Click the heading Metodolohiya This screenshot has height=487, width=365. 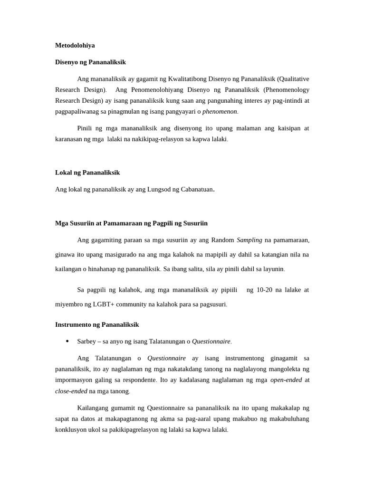click(75, 45)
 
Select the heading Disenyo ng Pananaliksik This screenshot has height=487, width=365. click(90, 62)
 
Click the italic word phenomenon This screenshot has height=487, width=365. click(220, 112)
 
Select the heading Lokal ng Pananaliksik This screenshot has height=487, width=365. click(87, 172)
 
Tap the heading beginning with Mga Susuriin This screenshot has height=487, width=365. click(131, 223)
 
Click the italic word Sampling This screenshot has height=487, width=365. click(250, 240)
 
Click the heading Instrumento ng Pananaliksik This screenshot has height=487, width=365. click(97, 324)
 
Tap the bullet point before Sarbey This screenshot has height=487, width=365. click(67, 341)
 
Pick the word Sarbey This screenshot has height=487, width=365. click(86, 341)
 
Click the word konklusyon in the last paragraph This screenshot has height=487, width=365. click(72, 429)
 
